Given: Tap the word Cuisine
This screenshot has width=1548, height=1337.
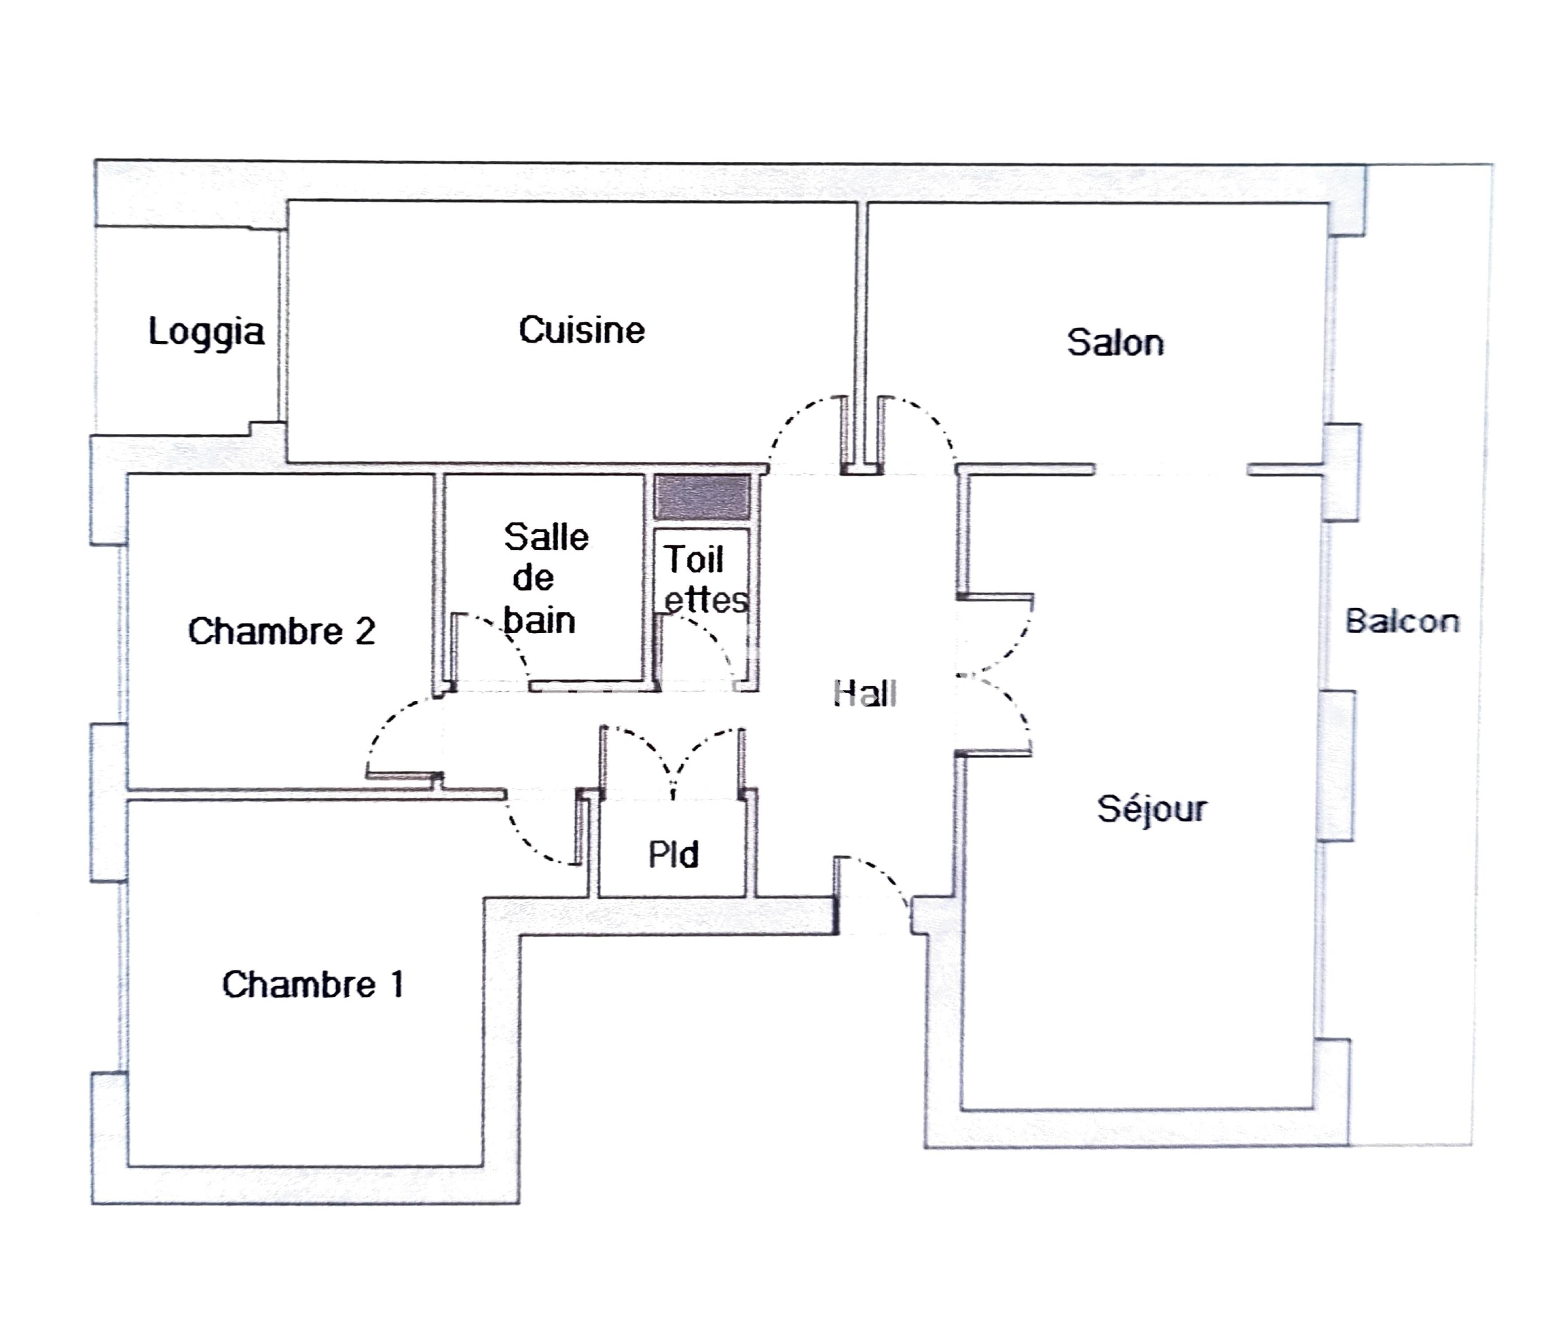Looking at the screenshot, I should click(581, 330).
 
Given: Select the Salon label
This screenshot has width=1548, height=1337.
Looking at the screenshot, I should click(1115, 343).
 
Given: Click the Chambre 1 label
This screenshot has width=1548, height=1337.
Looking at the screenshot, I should click(312, 984).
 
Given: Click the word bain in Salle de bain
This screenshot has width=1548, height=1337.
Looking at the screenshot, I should click(540, 621).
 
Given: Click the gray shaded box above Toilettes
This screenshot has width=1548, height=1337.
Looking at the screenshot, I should click(702, 497).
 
